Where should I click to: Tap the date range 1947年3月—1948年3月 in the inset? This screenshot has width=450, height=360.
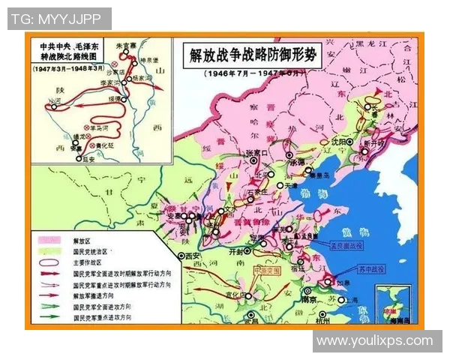pos(67,67)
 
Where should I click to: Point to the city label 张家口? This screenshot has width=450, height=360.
pos(257,152)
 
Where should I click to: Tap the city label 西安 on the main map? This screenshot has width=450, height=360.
pos(192,256)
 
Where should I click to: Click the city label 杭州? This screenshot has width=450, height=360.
pos(323,319)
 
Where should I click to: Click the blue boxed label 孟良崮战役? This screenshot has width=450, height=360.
pos(346,244)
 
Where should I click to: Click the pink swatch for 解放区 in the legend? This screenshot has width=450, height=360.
pos(50,241)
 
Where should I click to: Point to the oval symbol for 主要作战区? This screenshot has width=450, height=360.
pos(50,262)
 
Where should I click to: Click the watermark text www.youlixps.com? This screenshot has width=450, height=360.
pos(376,340)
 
